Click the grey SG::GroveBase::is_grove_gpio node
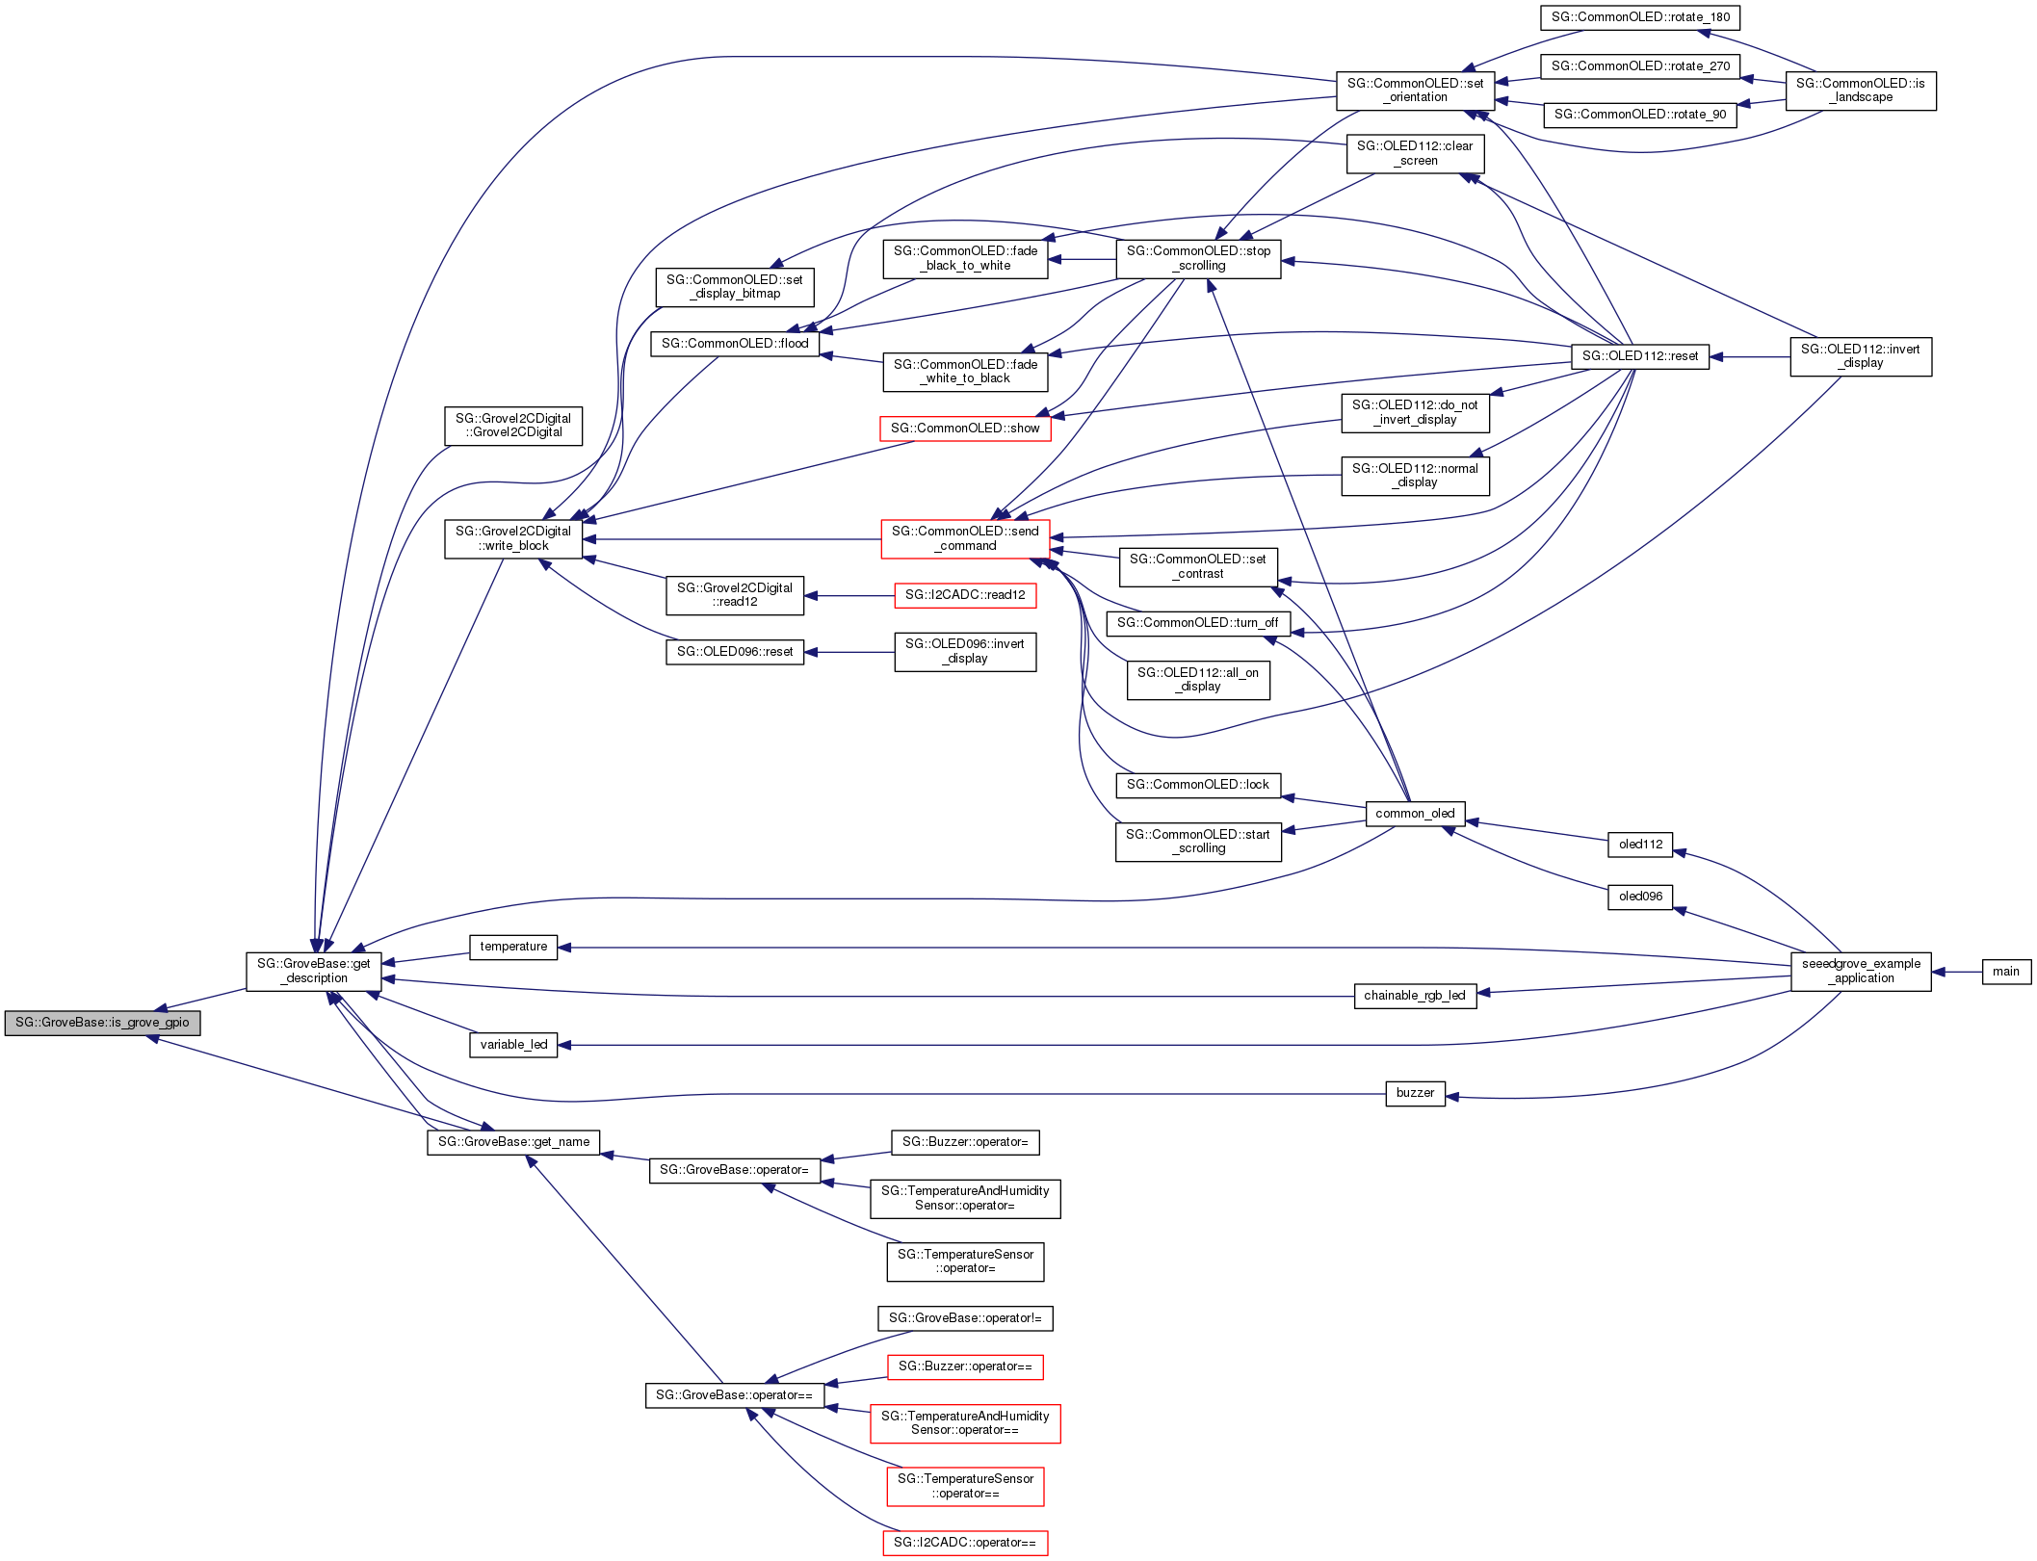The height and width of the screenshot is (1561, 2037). [102, 1023]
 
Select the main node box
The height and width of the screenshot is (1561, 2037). [2006, 972]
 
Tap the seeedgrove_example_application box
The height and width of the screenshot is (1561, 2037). [1861, 971]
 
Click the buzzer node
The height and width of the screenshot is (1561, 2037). [1415, 1093]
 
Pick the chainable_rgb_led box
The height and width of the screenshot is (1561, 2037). [1414, 996]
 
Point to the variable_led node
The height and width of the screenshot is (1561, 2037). [513, 1045]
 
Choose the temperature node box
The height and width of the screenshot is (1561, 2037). [513, 947]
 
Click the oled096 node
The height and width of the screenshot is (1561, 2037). [1640, 897]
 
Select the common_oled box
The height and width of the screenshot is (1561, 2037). [1415, 814]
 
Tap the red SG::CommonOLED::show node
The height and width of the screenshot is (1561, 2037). [965, 429]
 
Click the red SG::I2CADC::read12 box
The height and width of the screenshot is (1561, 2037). [965, 595]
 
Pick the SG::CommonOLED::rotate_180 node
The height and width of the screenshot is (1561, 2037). [1640, 17]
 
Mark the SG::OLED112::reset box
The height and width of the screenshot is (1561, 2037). [1640, 356]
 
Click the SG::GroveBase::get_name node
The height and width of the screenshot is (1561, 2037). [513, 1142]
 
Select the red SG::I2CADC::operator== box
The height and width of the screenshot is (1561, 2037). [965, 1543]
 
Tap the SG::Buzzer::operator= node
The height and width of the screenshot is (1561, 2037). [965, 1142]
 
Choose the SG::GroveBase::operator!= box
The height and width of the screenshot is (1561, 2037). [965, 1318]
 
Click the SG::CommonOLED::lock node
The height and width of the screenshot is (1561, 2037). [1198, 785]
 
